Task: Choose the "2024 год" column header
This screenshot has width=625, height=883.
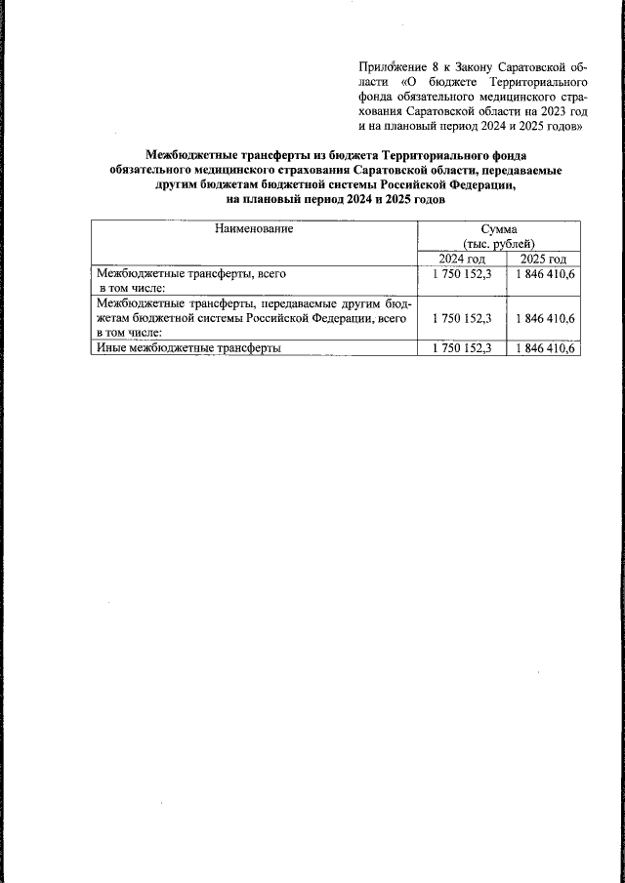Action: pos(461,258)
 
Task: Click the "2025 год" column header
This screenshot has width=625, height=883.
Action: pos(543,258)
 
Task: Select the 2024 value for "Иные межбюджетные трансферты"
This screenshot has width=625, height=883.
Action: pos(461,348)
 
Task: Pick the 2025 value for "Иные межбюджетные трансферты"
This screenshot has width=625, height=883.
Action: pos(544,348)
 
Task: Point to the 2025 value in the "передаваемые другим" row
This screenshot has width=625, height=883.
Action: pos(544,318)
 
